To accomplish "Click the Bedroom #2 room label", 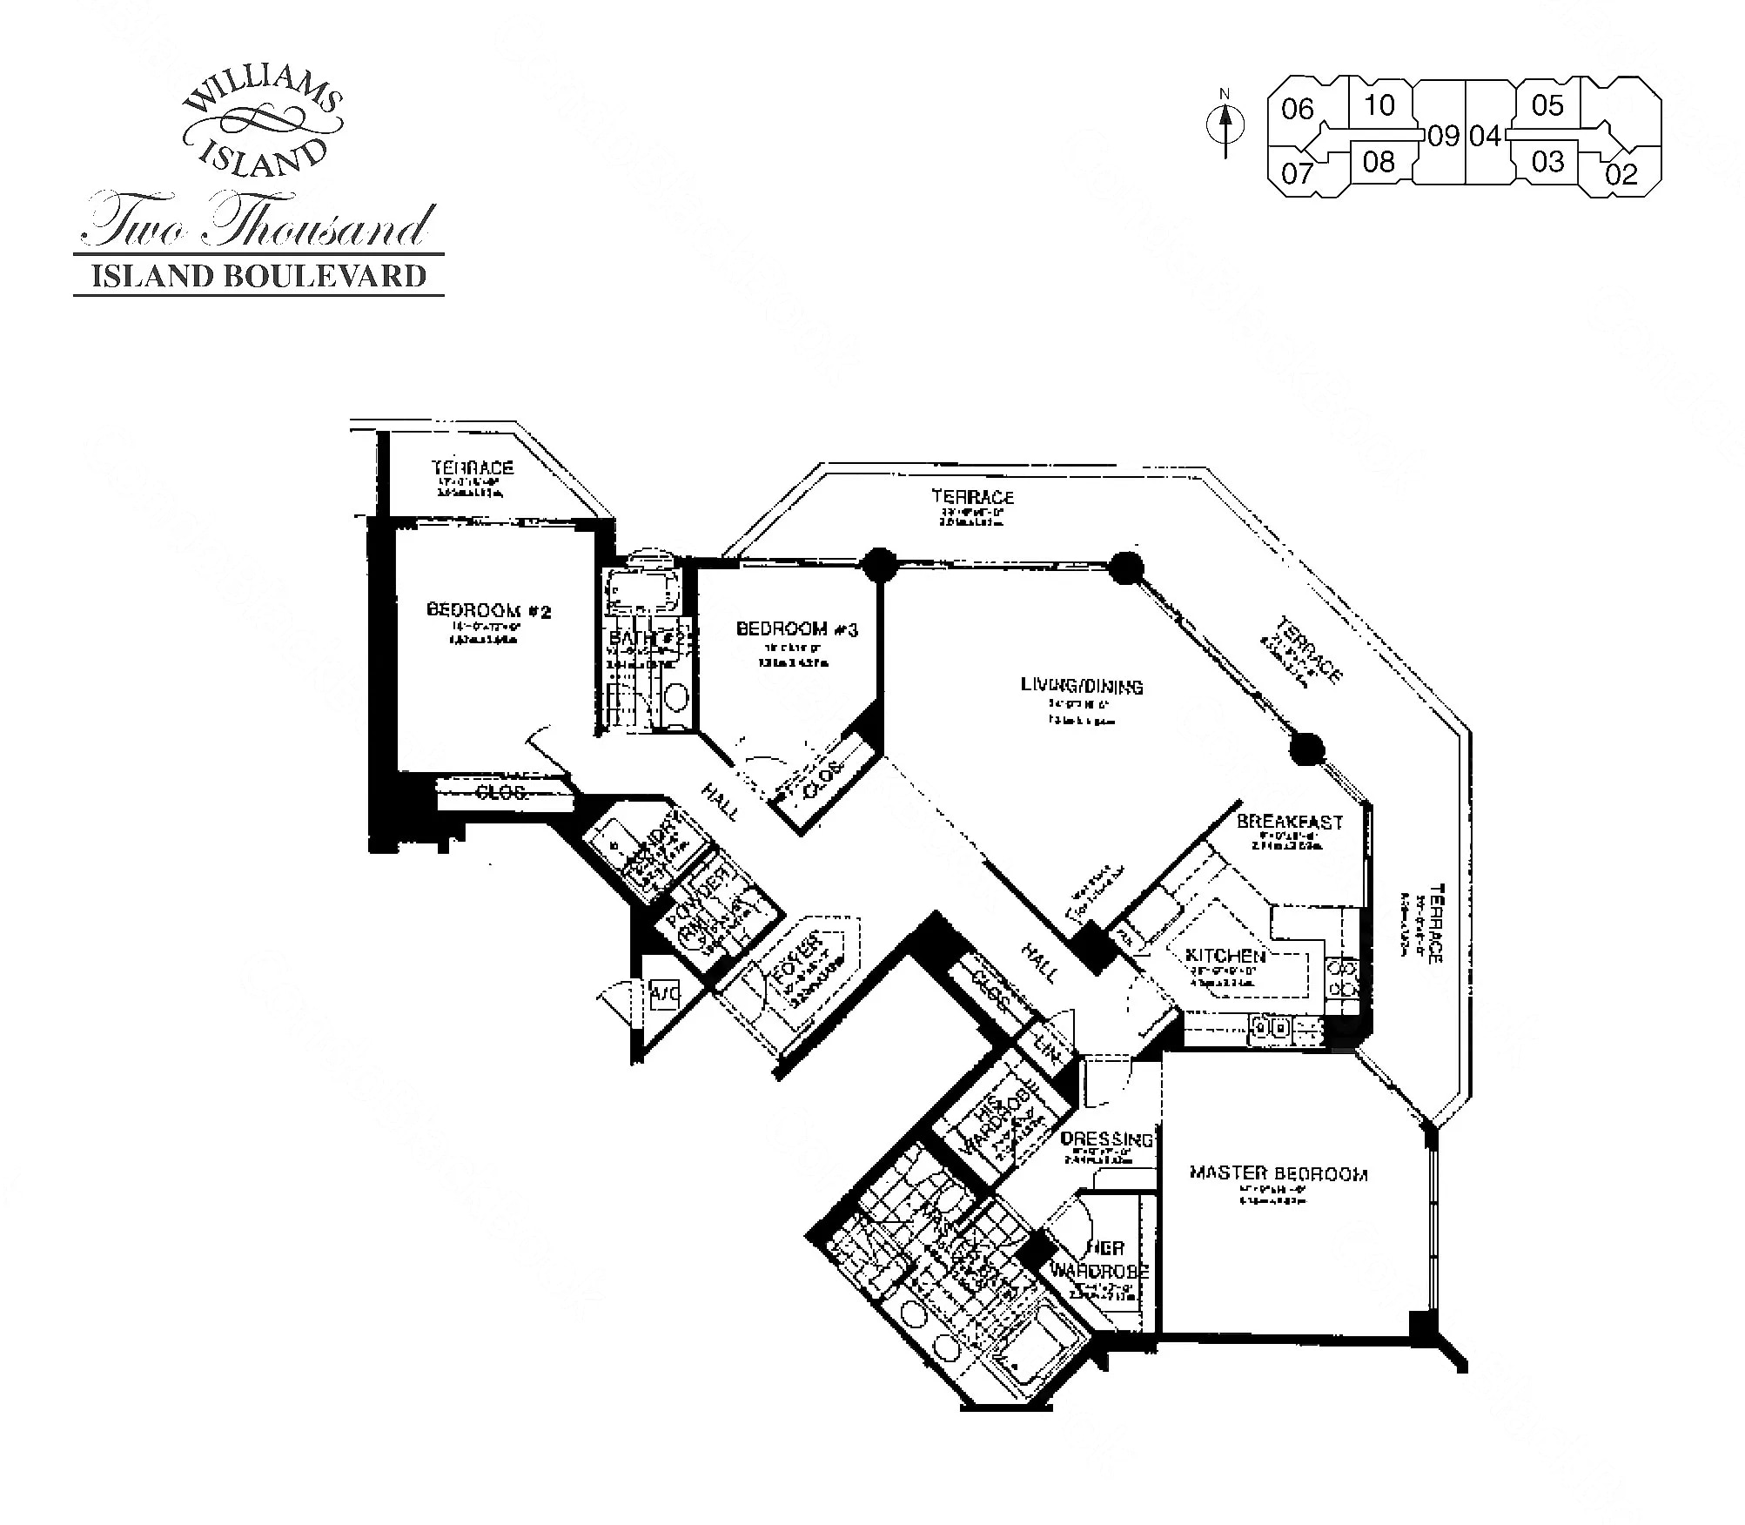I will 488,611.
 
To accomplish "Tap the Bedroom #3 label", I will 796,628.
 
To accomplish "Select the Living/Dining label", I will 1082,686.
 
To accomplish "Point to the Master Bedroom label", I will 1278,1173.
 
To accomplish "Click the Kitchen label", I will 1225,957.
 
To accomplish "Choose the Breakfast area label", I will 1289,822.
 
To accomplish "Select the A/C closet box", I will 664,992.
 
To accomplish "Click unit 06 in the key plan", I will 1297,110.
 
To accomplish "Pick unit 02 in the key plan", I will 1621,174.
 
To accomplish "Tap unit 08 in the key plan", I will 1379,162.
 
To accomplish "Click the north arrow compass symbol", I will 1225,125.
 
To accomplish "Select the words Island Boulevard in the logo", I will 259,276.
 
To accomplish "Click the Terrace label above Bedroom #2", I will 473,467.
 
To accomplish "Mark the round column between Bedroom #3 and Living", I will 880,564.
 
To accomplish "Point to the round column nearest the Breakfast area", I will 1306,749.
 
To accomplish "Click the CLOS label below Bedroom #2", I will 501,792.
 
